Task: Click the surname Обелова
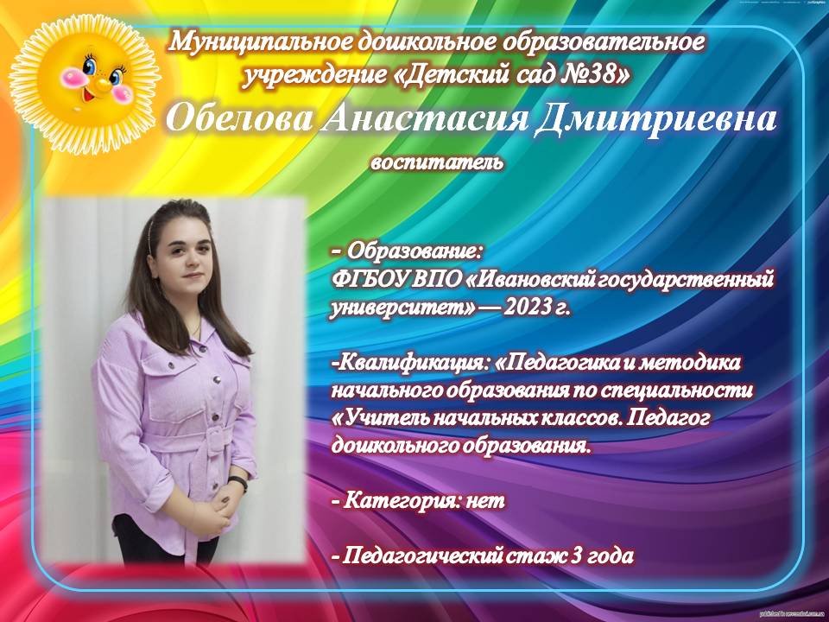(239, 118)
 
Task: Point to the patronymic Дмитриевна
(656, 119)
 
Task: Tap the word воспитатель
(437, 162)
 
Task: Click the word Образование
(414, 251)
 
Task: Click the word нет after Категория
(485, 500)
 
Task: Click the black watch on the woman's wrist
(238, 482)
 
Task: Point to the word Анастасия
(425, 118)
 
